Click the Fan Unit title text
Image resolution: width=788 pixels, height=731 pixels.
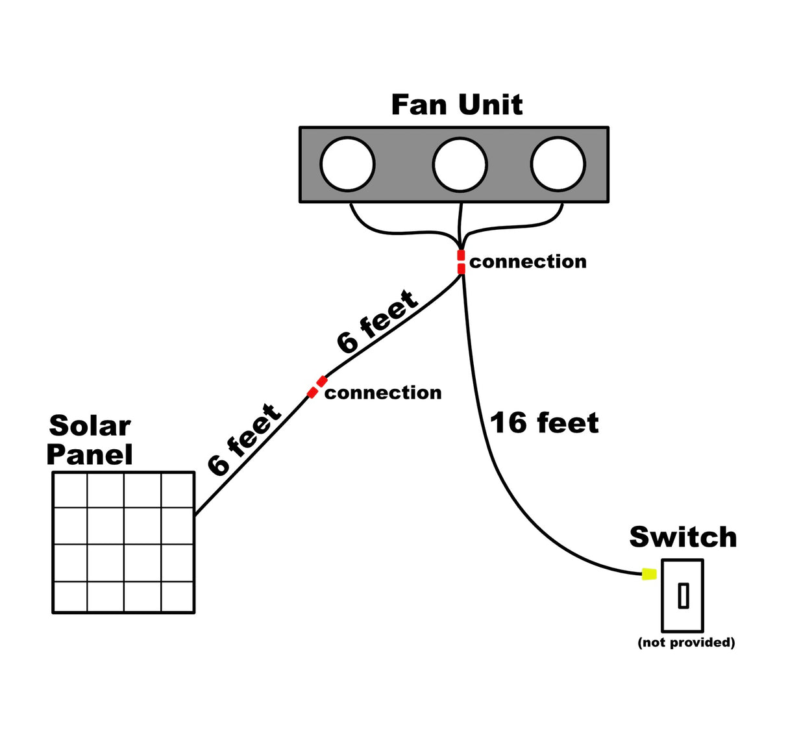tap(456, 105)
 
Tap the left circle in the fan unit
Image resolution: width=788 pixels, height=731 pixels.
tap(348, 164)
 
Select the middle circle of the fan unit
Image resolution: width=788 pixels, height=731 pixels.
tap(460, 164)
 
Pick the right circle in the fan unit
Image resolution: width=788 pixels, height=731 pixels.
tap(558, 164)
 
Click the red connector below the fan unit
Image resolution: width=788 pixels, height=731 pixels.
tap(461, 262)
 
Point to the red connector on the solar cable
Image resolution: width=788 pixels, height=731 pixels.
tap(317, 387)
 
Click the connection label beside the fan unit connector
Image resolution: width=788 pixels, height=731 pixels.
tap(528, 262)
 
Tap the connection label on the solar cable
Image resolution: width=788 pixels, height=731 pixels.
tap(383, 393)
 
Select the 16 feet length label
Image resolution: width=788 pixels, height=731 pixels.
tap(544, 423)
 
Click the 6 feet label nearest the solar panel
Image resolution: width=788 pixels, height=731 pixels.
tap(244, 440)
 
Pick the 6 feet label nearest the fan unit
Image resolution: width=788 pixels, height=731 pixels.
tap(376, 322)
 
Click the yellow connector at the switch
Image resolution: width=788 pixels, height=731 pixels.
tap(648, 574)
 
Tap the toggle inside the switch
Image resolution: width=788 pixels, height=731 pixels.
tap(683, 596)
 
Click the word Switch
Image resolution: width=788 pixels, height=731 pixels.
tap(683, 538)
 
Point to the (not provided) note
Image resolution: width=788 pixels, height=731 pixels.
tap(686, 642)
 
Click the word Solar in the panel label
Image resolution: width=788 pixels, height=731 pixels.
tap(90, 426)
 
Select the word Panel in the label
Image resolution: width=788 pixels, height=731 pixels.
tap(90, 454)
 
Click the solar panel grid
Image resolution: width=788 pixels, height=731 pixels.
tap(123, 542)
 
